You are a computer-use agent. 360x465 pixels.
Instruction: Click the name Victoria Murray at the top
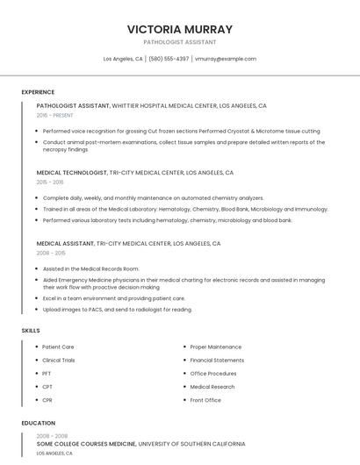(179, 30)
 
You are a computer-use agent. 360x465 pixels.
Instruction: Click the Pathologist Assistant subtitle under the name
(179, 42)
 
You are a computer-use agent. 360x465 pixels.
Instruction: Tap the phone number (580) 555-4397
(169, 59)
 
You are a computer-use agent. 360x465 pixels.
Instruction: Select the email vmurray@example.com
(226, 59)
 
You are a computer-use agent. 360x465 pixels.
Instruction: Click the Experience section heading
(38, 92)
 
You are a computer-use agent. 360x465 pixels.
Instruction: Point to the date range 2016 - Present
(54, 115)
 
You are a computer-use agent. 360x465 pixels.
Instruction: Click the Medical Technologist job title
(72, 173)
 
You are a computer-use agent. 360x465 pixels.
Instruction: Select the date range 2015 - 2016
(50, 182)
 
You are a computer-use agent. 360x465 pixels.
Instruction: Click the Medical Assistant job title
(66, 243)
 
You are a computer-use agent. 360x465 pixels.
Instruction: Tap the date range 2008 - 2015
(50, 253)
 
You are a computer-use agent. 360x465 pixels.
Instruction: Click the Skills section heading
(31, 330)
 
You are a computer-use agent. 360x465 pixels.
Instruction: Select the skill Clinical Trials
(59, 361)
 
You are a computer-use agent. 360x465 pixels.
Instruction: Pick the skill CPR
(47, 400)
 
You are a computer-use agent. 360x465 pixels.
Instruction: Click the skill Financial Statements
(217, 361)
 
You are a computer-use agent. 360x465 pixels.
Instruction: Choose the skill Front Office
(205, 400)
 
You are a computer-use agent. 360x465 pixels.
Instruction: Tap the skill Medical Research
(212, 387)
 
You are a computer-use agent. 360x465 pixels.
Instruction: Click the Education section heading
(38, 423)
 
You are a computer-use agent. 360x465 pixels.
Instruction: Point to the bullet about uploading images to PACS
(117, 309)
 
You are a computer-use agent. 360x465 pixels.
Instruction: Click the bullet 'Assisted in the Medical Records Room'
(90, 268)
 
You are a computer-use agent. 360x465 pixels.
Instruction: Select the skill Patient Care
(58, 347)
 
